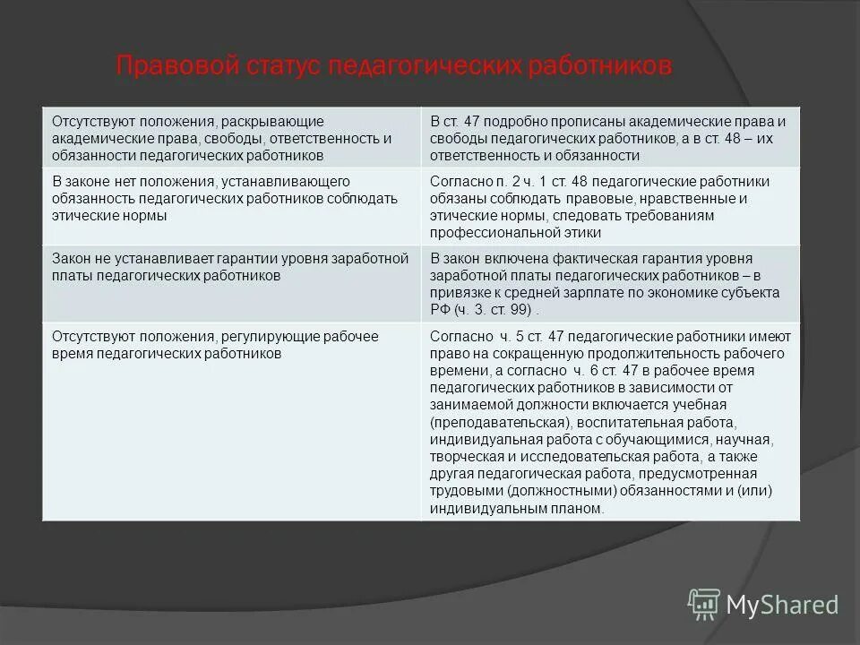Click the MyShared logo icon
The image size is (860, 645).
tap(704, 605)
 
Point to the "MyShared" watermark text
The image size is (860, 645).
tap(781, 606)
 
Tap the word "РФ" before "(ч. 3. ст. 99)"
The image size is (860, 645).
tap(440, 310)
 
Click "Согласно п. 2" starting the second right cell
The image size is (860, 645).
tap(469, 182)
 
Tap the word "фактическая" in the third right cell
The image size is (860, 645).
tap(566, 259)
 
